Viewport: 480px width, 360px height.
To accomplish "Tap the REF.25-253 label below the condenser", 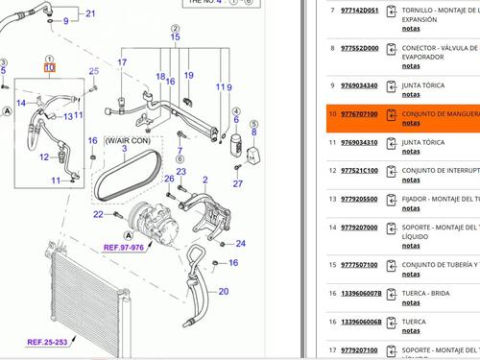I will click(46, 342).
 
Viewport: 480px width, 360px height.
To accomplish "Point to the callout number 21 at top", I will click(90, 13).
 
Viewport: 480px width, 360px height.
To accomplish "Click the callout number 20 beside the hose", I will click(223, 291).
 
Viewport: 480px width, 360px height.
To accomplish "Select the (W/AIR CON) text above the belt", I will click(127, 139).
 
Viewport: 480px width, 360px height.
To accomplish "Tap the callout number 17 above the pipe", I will click(122, 62).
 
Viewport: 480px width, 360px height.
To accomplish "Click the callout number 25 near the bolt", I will click(93, 71).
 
